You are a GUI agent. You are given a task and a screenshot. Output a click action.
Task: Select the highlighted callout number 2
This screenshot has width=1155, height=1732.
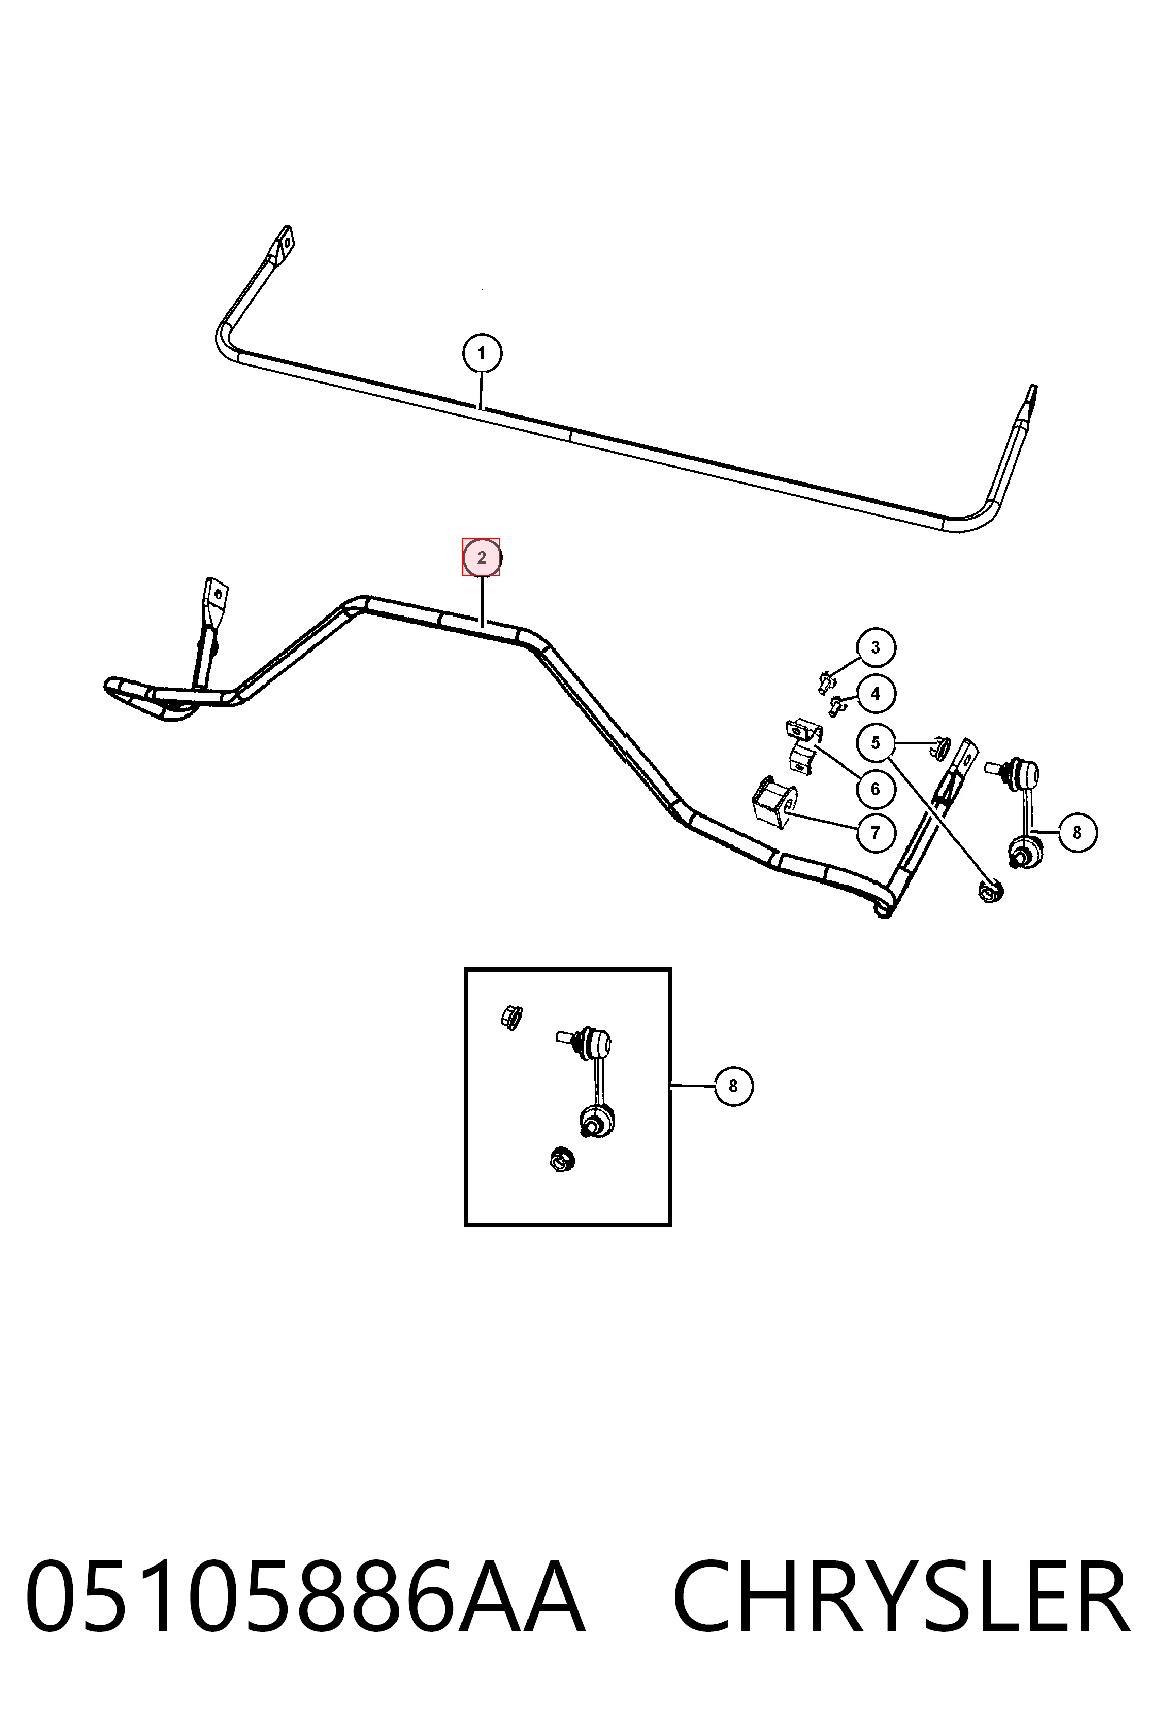pyautogui.click(x=482, y=557)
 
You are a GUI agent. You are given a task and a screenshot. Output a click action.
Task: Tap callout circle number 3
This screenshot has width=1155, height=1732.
pyautogui.click(x=875, y=647)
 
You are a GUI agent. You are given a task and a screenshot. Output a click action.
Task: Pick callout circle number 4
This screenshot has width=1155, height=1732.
pyautogui.click(x=875, y=693)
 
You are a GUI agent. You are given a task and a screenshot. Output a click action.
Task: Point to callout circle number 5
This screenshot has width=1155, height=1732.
pyautogui.click(x=875, y=742)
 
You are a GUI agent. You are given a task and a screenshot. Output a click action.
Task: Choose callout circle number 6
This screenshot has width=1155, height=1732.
pyautogui.click(x=875, y=789)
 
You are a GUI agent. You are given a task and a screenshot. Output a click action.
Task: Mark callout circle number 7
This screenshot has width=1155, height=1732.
pyautogui.click(x=875, y=833)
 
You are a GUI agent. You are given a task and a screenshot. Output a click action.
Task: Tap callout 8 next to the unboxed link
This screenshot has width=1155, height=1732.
pyautogui.click(x=1077, y=832)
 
